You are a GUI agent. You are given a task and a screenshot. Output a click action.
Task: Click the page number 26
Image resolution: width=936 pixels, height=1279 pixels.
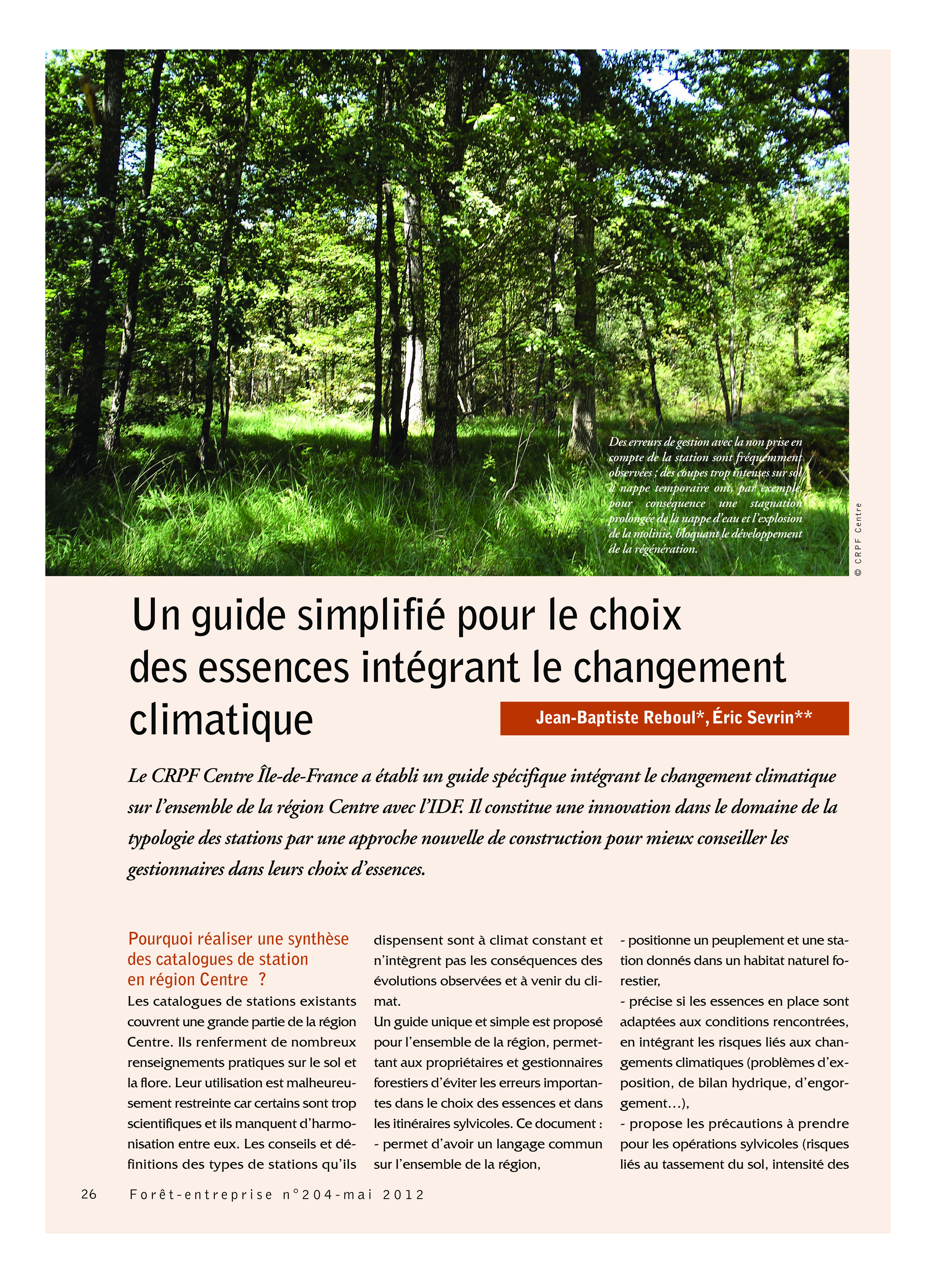pyautogui.click(x=89, y=1194)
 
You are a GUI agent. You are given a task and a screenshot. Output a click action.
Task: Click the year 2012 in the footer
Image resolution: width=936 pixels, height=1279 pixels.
pyautogui.click(x=403, y=1195)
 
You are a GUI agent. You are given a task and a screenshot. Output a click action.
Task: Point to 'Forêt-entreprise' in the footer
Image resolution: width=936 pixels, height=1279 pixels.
pyautogui.click(x=201, y=1195)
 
